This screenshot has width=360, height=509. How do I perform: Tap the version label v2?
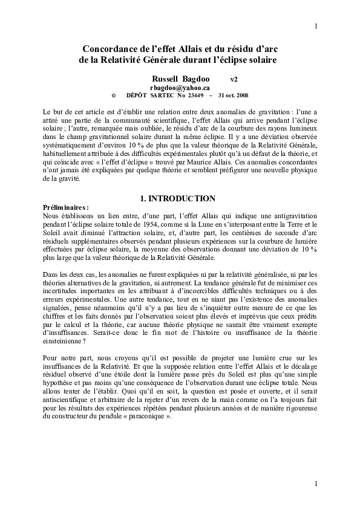pyautogui.click(x=234, y=79)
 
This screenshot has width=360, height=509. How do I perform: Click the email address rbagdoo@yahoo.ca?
pyautogui.click(x=180, y=88)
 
